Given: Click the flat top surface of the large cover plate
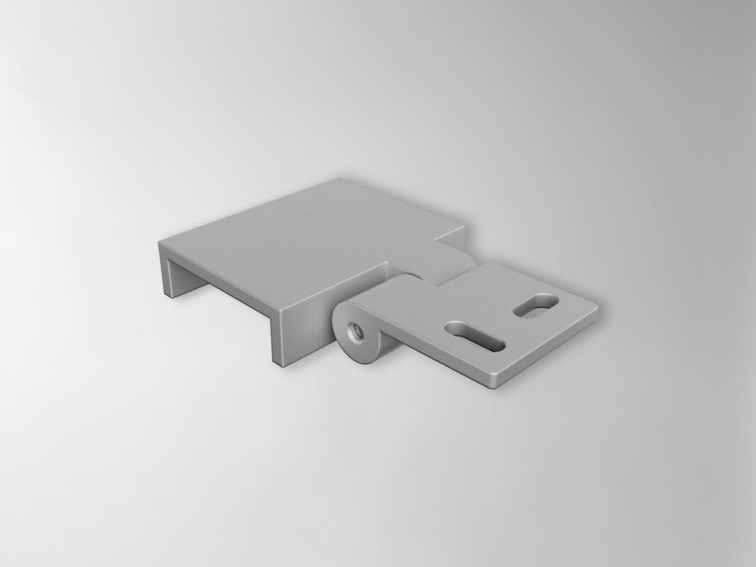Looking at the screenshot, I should click(302, 246).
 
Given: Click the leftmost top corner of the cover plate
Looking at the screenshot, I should click(160, 242).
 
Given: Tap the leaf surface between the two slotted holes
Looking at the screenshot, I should click(504, 318).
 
